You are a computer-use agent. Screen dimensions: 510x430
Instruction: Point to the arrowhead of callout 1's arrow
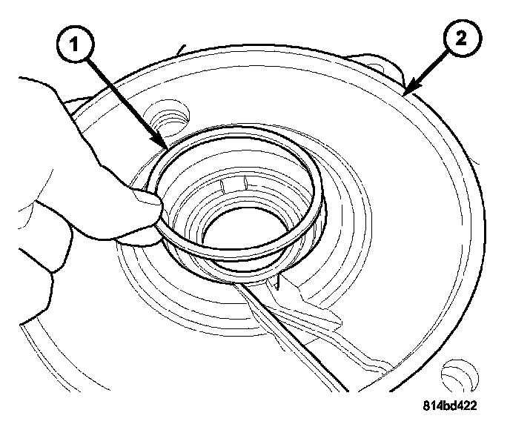162,145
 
